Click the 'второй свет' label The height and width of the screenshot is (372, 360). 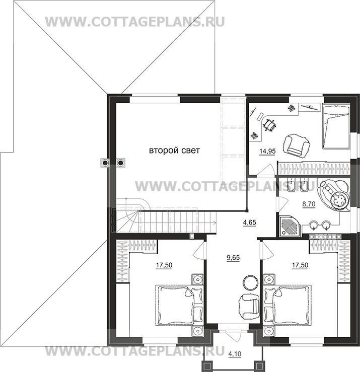(x=174, y=151)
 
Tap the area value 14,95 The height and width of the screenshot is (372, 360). (x=267, y=151)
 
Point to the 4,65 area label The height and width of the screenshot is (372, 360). (x=249, y=222)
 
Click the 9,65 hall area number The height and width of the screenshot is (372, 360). (x=233, y=257)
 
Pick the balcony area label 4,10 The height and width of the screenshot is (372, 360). (x=235, y=354)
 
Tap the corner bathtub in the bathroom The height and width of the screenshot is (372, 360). (x=335, y=195)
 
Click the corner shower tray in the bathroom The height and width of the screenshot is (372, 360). (x=291, y=226)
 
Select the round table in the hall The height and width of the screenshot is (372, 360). (x=250, y=282)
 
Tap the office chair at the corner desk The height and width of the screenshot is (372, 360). (x=269, y=124)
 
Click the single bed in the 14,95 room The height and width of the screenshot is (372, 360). (x=336, y=127)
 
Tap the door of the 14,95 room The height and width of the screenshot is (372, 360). (x=266, y=170)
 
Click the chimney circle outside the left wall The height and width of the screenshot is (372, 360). (x=105, y=163)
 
